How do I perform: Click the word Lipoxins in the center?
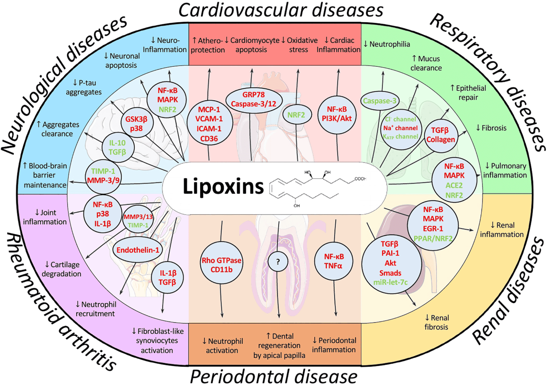pos(223,187)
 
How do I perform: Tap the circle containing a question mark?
pos(278,262)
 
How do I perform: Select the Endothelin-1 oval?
pos(138,250)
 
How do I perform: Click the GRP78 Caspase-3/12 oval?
pos(254,99)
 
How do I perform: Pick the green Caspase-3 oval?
pos(380,101)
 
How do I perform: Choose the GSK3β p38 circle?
pos(137,124)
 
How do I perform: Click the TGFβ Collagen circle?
pos(440,135)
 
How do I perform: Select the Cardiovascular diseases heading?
pos(280,10)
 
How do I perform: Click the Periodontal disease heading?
pos(274,377)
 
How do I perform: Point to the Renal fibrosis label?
pos(436,322)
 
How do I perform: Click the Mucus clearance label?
pos(426,63)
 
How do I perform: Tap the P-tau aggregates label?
pos(84,87)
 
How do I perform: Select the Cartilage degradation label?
pos(62,269)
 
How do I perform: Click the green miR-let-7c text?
pos(390,282)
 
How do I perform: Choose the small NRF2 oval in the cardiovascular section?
pos(296,115)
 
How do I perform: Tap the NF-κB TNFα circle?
pos(334,261)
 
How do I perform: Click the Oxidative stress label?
pos(300,45)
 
